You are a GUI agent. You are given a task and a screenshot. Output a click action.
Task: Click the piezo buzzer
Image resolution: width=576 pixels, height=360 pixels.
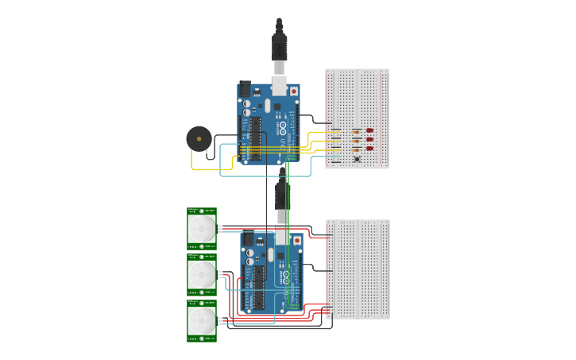[199, 138]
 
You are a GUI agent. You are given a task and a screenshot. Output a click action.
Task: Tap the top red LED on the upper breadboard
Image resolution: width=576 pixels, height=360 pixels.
[370, 130]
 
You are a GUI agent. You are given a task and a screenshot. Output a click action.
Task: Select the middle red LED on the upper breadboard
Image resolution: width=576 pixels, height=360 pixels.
[370, 140]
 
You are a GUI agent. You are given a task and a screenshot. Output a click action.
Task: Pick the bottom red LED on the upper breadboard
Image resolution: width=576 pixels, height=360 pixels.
[370, 149]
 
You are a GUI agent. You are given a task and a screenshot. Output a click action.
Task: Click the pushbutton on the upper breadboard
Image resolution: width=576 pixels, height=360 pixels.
[357, 161]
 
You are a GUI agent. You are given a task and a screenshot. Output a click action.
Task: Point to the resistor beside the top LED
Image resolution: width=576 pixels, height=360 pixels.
[357, 130]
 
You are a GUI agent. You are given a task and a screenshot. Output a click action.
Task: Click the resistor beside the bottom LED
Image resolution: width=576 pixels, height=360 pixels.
[357, 149]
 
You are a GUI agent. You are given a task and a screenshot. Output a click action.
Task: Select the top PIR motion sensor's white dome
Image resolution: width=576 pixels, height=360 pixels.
[202, 230]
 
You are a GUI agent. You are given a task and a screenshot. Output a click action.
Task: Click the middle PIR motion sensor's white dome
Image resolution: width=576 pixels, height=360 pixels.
[202, 275]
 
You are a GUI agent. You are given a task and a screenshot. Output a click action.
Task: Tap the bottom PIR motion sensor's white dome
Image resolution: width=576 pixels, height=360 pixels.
[202, 321]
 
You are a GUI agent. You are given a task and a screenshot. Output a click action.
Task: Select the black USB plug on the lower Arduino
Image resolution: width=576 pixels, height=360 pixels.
[282, 195]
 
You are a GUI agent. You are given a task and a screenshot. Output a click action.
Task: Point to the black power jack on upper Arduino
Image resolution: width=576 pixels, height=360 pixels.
[245, 90]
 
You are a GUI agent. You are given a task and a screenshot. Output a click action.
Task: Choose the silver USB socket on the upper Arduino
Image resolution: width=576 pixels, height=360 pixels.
[280, 84]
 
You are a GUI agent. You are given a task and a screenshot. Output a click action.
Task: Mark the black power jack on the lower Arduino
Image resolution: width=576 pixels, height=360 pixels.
[248, 239]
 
